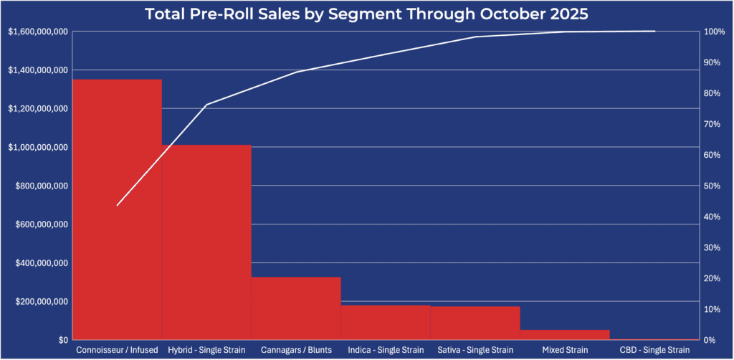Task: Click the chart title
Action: point(366,14)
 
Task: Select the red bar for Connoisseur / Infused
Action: point(117,208)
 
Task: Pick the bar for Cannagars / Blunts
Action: point(296,308)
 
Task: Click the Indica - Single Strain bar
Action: point(386,322)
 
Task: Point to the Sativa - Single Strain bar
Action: point(475,323)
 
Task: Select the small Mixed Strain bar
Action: point(565,334)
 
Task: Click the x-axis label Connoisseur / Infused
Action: point(117,350)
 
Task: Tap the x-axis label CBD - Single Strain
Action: point(654,350)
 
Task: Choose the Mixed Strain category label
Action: point(565,350)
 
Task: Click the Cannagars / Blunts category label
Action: point(296,350)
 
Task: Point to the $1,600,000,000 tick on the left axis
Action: point(38,32)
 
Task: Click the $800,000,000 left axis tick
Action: point(40,186)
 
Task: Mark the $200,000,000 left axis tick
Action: point(40,301)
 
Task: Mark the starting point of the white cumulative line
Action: point(117,205)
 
